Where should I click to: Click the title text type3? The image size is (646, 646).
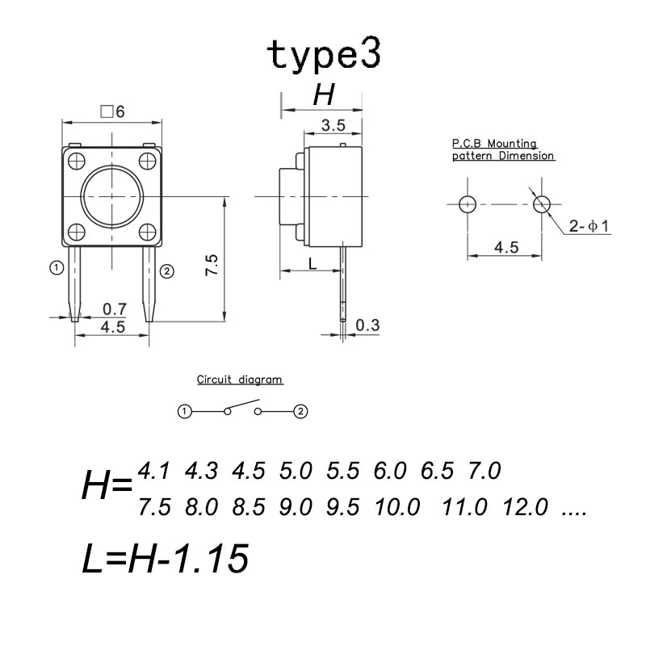point(324,54)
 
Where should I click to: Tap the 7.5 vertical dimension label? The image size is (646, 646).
point(212,265)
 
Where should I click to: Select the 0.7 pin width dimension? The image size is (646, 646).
point(114,309)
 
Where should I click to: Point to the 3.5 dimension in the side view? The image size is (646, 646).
point(333,125)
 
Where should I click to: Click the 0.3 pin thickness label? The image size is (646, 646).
point(367,325)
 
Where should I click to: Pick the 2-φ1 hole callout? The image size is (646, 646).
point(589,226)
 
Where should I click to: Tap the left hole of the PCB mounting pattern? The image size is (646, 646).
point(468,204)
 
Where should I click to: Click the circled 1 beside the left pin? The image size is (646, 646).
point(57,268)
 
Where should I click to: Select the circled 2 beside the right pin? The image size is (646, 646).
point(167,271)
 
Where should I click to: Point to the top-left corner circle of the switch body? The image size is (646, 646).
point(77,161)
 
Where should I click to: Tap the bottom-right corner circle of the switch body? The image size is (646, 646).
point(148,232)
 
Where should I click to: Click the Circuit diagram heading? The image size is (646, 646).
point(239,380)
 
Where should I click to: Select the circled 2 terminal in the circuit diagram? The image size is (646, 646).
point(300,411)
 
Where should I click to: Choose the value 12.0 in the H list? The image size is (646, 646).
point(526,507)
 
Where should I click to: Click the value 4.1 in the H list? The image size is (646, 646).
point(153,471)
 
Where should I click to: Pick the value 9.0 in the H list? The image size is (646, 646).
point(296,507)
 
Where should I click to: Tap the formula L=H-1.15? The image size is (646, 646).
point(166,558)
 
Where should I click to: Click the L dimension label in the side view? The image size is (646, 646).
point(313,263)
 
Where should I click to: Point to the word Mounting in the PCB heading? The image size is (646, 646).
point(512,144)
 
